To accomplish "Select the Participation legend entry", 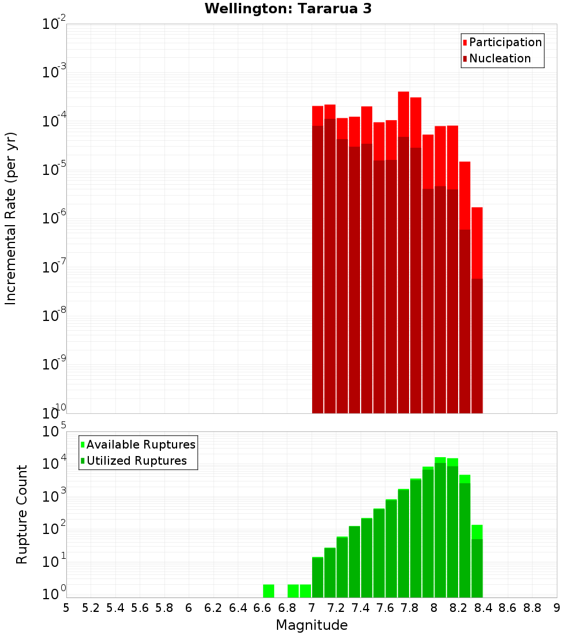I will [x=502, y=42].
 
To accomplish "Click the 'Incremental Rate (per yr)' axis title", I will [x=11, y=218].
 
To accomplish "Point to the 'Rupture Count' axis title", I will [x=22, y=514].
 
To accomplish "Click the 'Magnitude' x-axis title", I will [x=312, y=625].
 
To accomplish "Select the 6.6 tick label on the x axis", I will [x=263, y=608].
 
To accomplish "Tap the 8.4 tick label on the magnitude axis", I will [x=483, y=608].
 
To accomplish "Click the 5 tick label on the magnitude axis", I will [x=66, y=608].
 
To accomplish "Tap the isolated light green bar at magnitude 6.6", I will [x=268, y=591].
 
